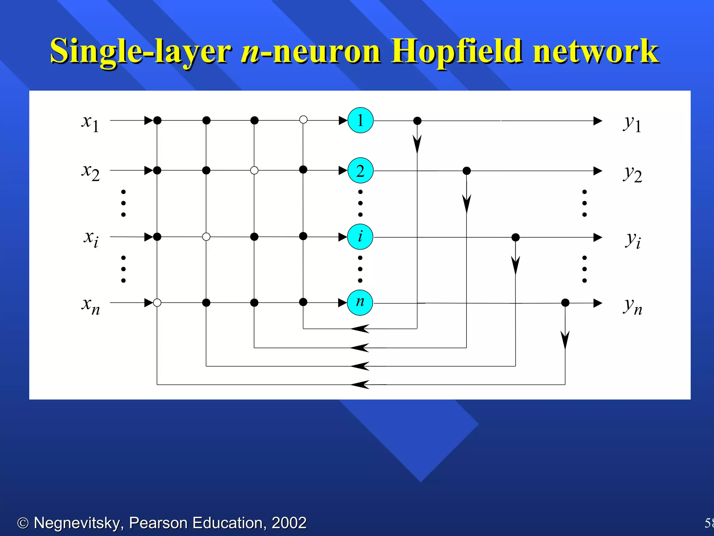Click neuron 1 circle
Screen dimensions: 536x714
(x=360, y=120)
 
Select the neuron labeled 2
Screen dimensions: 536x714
(x=360, y=171)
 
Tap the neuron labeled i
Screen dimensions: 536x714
(x=360, y=237)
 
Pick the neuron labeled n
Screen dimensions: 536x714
(x=360, y=303)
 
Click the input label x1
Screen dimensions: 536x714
(x=90, y=123)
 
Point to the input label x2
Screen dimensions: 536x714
(x=90, y=172)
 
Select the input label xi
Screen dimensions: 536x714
(x=91, y=238)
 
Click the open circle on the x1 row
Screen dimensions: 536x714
(x=303, y=120)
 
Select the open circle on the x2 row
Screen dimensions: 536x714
(x=255, y=170)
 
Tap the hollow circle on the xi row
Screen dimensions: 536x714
(x=206, y=237)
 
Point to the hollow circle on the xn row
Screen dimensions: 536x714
(x=157, y=303)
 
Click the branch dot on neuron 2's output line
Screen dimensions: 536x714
(x=466, y=171)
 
